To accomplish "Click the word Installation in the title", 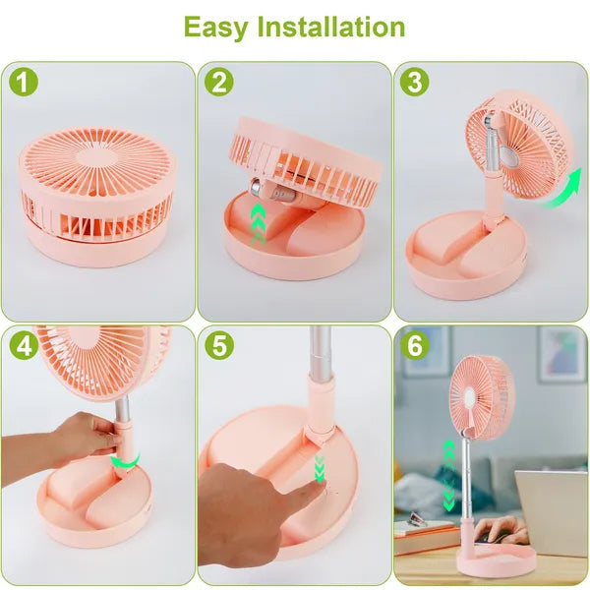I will pyautogui.click(x=331, y=27).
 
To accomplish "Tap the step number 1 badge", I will pyautogui.click(x=24, y=82).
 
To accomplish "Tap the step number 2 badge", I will pyautogui.click(x=218, y=82).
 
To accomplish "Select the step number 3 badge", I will pyautogui.click(x=414, y=82).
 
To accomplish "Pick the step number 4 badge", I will pyautogui.click(x=24, y=345).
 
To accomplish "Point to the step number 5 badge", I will pyautogui.click(x=218, y=345).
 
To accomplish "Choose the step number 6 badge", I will pyautogui.click(x=414, y=345).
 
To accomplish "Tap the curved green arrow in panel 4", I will pyautogui.click(x=123, y=459).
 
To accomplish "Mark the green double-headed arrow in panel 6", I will pyautogui.click(x=449, y=474).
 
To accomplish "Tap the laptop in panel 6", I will pyautogui.click(x=553, y=511).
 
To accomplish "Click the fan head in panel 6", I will pyautogui.click(x=482, y=393).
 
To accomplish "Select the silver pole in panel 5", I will pyautogui.click(x=320, y=354).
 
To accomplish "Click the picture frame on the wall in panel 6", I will pyautogui.click(x=561, y=353).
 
